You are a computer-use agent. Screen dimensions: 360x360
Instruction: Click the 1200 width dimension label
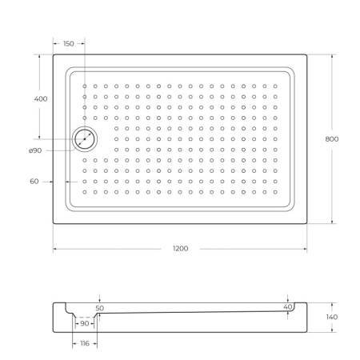(x=180, y=249)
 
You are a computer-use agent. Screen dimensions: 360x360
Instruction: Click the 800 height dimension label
(x=332, y=138)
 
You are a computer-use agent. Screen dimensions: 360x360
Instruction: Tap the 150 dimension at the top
(x=69, y=43)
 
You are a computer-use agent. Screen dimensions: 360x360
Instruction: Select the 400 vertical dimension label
(x=40, y=98)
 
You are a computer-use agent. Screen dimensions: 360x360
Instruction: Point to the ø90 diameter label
(x=34, y=150)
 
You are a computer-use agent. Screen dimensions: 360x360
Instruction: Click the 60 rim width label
(x=34, y=182)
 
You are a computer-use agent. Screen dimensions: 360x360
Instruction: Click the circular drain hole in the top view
(x=84, y=139)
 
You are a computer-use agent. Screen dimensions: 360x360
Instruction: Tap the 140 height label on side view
(x=332, y=318)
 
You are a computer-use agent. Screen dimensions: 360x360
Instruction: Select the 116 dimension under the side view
(x=85, y=343)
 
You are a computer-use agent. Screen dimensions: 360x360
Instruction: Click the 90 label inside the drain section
(x=85, y=323)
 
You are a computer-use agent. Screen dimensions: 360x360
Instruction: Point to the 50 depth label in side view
(x=99, y=307)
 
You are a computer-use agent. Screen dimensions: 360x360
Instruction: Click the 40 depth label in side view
(x=287, y=306)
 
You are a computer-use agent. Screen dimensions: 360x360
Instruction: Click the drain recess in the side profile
(x=85, y=318)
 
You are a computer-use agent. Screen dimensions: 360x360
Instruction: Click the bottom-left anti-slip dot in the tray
(x=84, y=192)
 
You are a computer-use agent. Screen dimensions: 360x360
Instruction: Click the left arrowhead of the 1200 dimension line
(x=55, y=250)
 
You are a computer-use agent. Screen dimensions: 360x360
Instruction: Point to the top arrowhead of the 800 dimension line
(x=332, y=56)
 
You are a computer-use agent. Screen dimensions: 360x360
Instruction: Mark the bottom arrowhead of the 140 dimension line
(x=332, y=330)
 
